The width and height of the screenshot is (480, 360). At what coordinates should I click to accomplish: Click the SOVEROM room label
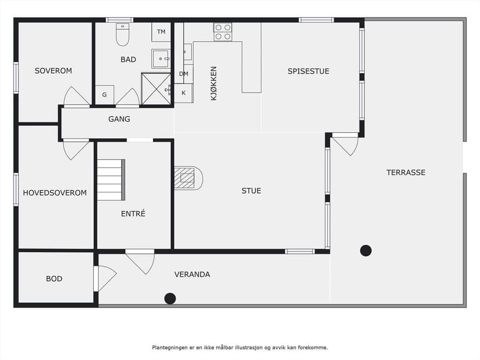[x=53, y=71]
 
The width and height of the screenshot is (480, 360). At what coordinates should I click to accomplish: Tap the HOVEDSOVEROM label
[x=55, y=193]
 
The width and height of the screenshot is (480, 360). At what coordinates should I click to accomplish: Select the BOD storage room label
[x=54, y=279]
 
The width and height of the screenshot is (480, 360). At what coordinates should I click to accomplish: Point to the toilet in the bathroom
[x=122, y=34]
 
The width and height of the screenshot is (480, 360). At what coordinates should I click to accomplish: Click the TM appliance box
[x=161, y=32]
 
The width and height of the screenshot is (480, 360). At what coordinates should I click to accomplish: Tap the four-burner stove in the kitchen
[x=223, y=32]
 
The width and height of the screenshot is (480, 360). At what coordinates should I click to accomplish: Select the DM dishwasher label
[x=184, y=74]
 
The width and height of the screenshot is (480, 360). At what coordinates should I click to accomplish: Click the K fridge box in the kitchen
[x=184, y=93]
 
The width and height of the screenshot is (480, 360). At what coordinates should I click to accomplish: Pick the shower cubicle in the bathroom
[x=156, y=89]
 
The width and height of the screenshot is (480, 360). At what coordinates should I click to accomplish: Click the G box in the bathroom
[x=105, y=95]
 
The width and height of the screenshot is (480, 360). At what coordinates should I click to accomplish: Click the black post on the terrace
[x=366, y=250]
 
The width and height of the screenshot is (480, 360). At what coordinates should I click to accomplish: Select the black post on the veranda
[x=170, y=299]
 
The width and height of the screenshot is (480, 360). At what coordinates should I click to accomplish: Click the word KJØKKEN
[x=214, y=83]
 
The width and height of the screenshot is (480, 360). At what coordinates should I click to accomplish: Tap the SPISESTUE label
[x=308, y=71]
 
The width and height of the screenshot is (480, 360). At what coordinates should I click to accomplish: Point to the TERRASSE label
[x=406, y=173]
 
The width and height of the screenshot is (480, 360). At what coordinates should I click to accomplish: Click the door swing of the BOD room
[x=106, y=279]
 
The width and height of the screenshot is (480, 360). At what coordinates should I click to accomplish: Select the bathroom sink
[x=161, y=59]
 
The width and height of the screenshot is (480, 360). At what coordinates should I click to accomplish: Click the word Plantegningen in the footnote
[x=169, y=348]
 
